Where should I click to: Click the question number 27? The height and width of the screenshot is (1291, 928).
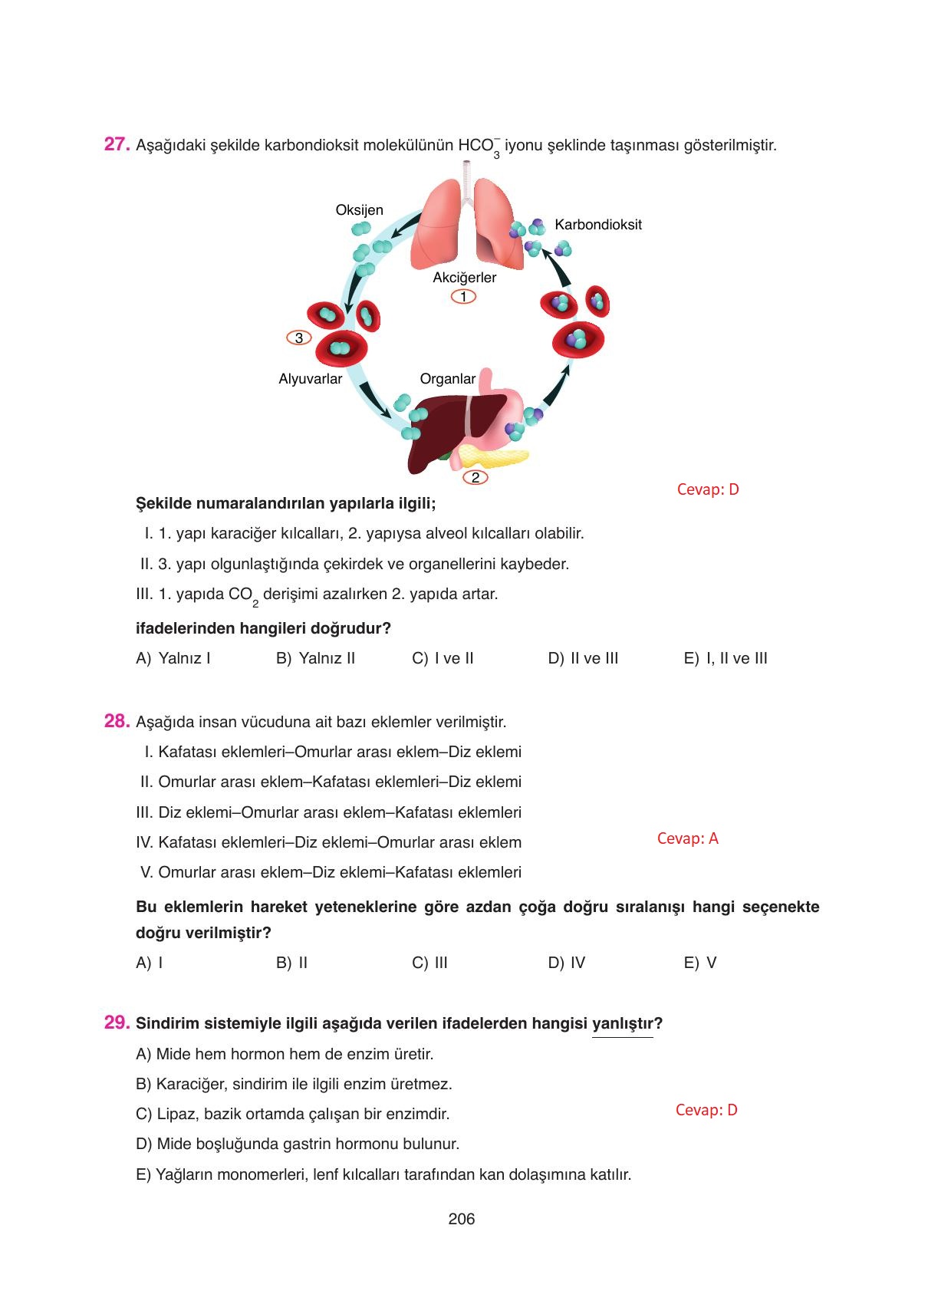click(116, 144)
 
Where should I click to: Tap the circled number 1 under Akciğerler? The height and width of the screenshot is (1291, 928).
click(463, 297)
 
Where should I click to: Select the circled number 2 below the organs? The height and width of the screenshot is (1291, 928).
click(475, 478)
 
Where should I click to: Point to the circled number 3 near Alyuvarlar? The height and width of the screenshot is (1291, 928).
click(298, 338)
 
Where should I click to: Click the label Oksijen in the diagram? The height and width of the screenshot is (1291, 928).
click(359, 210)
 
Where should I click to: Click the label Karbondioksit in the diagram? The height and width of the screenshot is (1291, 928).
click(598, 225)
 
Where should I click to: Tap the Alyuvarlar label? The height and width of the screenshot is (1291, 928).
click(310, 379)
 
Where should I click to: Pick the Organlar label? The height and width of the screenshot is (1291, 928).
click(447, 379)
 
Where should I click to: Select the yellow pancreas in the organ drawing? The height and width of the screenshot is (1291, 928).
click(499, 458)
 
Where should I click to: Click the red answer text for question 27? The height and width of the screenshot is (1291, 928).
click(707, 489)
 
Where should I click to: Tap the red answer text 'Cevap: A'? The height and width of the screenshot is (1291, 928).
click(687, 838)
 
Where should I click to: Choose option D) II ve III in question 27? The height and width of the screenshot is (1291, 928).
click(583, 658)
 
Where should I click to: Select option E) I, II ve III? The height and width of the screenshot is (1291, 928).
click(725, 658)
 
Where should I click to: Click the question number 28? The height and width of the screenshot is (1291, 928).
click(116, 721)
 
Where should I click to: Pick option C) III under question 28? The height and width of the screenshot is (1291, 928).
click(429, 963)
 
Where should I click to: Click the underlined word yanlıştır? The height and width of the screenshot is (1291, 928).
click(623, 1023)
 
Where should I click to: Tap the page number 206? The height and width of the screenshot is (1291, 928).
click(462, 1219)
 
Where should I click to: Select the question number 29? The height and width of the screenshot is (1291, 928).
click(116, 1023)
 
